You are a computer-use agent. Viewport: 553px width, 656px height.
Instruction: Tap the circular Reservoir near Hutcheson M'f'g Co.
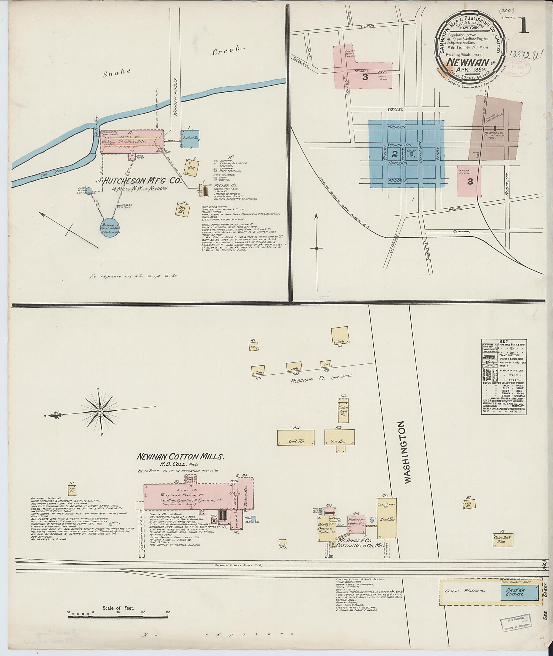pyautogui.click(x=111, y=226)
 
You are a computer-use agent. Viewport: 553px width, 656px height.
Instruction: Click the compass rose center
pyautogui.click(x=100, y=411)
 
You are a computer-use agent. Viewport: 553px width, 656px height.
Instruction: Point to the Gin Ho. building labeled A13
pyautogui.click(x=339, y=438)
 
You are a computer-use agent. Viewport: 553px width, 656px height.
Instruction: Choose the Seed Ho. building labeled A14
pyautogui.click(x=296, y=438)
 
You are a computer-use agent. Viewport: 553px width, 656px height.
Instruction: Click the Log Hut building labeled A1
pyautogui.click(x=72, y=490)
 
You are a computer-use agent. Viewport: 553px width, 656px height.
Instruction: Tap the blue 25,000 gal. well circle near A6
pyautogui.click(x=253, y=519)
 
